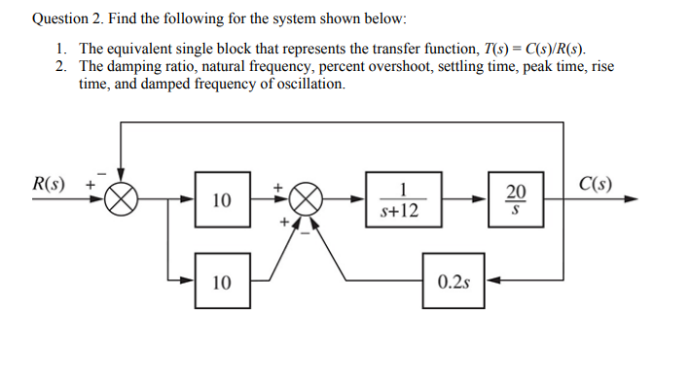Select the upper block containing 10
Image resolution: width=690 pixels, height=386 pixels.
pyautogui.click(x=222, y=200)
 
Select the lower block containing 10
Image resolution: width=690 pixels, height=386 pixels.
pyautogui.click(x=222, y=282)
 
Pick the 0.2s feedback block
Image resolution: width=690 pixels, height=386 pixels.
pyautogui.click(x=453, y=282)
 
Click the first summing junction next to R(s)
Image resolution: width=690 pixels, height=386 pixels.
pyautogui.click(x=123, y=200)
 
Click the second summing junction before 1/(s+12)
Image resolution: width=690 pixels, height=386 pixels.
pyautogui.click(x=307, y=200)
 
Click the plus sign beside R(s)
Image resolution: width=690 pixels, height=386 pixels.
pyautogui.click(x=91, y=183)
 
